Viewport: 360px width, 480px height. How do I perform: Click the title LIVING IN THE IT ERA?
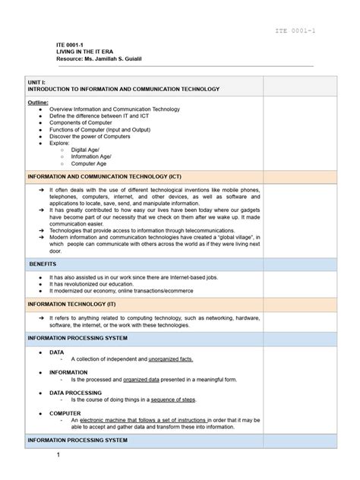tap(81, 52)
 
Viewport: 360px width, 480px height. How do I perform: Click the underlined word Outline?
tap(38, 102)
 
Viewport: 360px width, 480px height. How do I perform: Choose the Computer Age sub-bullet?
tap(89, 163)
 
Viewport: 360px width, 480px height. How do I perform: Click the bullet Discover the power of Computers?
tap(94, 136)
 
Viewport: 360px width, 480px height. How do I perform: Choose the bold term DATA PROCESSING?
tap(77, 393)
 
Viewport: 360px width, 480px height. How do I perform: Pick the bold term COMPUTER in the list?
tap(65, 413)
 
